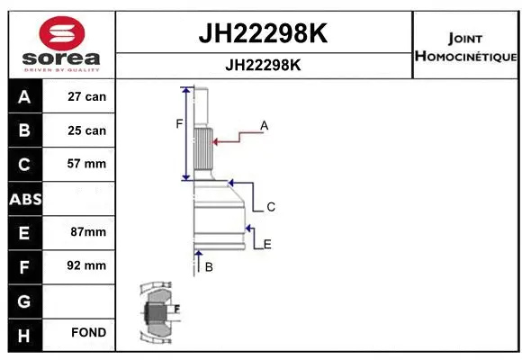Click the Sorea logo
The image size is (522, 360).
pyautogui.click(x=62, y=44)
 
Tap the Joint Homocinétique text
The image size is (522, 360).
pyautogui.click(x=465, y=48)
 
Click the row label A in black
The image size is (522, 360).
pyautogui.click(x=24, y=96)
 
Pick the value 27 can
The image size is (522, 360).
pyautogui.click(x=87, y=96)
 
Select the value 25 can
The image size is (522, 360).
pyautogui.click(x=87, y=130)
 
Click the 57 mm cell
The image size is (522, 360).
pyautogui.click(x=87, y=164)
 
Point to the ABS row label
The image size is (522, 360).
pyautogui.click(x=24, y=198)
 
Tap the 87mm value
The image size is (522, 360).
pyautogui.click(x=87, y=231)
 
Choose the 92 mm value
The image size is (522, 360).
pyautogui.click(x=87, y=265)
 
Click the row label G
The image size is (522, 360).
pyautogui.click(x=24, y=299)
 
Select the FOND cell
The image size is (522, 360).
pyautogui.click(x=87, y=333)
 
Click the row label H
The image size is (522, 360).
pyautogui.click(x=24, y=333)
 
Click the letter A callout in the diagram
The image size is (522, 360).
pyautogui.click(x=265, y=126)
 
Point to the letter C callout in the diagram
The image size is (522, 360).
pyautogui.click(x=270, y=207)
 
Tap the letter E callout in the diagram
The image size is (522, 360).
pyautogui.click(x=267, y=244)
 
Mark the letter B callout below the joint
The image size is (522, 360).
pyautogui.click(x=209, y=267)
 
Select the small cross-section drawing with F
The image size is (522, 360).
pyautogui.click(x=157, y=314)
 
